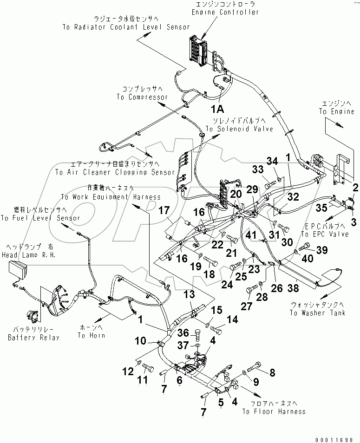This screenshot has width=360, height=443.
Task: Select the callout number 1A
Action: pyautogui.click(x=217, y=109)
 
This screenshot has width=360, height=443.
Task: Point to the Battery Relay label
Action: pyautogui.click(x=33, y=338)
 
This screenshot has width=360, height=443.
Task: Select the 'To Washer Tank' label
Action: pyautogui.click(x=317, y=313)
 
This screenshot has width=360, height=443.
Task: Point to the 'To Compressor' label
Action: pyautogui.click(x=142, y=97)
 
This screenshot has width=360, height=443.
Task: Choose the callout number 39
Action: pyautogui.click(x=321, y=250)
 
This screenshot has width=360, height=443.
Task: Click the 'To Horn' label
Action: pyautogui.click(x=91, y=335)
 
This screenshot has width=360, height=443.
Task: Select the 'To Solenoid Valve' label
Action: pyautogui.click(x=243, y=128)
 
